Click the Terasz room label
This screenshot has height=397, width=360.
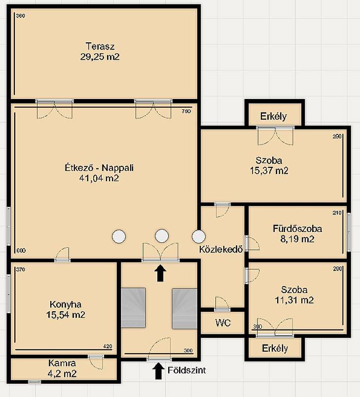[x=100, y=46]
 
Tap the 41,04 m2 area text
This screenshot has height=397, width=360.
[x=99, y=178]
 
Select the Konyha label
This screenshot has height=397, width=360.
[x=66, y=304]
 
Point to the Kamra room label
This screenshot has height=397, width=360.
[x=62, y=363]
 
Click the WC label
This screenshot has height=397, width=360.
[x=223, y=323]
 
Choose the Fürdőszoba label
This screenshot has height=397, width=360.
[x=297, y=229]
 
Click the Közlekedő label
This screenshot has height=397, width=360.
[x=221, y=249]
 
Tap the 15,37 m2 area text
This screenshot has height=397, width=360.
[x=269, y=170]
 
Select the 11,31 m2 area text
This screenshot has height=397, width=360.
[x=294, y=300]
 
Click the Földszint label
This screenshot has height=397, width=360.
[x=186, y=370]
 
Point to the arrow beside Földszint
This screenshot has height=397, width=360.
[x=158, y=371]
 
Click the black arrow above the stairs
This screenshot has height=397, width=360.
[x=160, y=273]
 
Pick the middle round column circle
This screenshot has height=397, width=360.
[x=162, y=236]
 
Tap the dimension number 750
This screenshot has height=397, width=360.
[x=186, y=111]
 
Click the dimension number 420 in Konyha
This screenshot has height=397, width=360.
[x=108, y=346]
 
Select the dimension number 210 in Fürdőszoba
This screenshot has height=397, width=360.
[x=337, y=213]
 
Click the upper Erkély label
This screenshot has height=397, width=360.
[x=273, y=116]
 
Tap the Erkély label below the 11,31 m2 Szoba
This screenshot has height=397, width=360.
[x=275, y=348]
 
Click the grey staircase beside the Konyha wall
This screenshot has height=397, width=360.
[x=133, y=308]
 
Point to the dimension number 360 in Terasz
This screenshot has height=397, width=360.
[x=21, y=16]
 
